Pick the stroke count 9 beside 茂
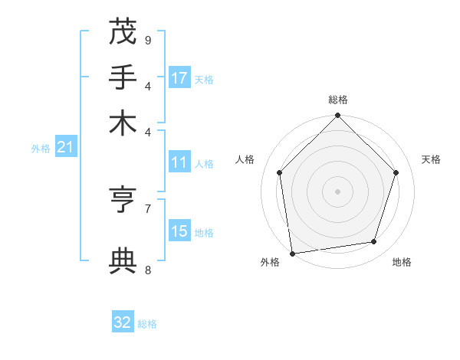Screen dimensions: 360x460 tap(148, 40)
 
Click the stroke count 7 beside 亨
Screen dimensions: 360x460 tap(148, 208)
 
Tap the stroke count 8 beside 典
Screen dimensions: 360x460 tap(148, 269)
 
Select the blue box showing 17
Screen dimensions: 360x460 tap(179, 77)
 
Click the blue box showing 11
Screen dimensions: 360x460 tap(179, 162)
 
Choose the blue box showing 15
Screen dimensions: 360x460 tap(179, 231)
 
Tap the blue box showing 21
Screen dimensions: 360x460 tap(65, 147)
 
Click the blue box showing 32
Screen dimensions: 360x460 tap(123, 322)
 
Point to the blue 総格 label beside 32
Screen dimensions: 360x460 tap(147, 324)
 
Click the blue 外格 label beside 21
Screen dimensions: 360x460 tap(40, 149)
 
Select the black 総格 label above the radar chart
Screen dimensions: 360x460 tap(337, 100)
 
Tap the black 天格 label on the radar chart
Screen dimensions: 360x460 tap(431, 159)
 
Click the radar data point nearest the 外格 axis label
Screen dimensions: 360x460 tap(292, 253)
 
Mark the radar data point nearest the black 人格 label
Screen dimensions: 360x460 tap(279, 172)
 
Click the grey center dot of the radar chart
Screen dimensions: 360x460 tap(337, 191)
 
